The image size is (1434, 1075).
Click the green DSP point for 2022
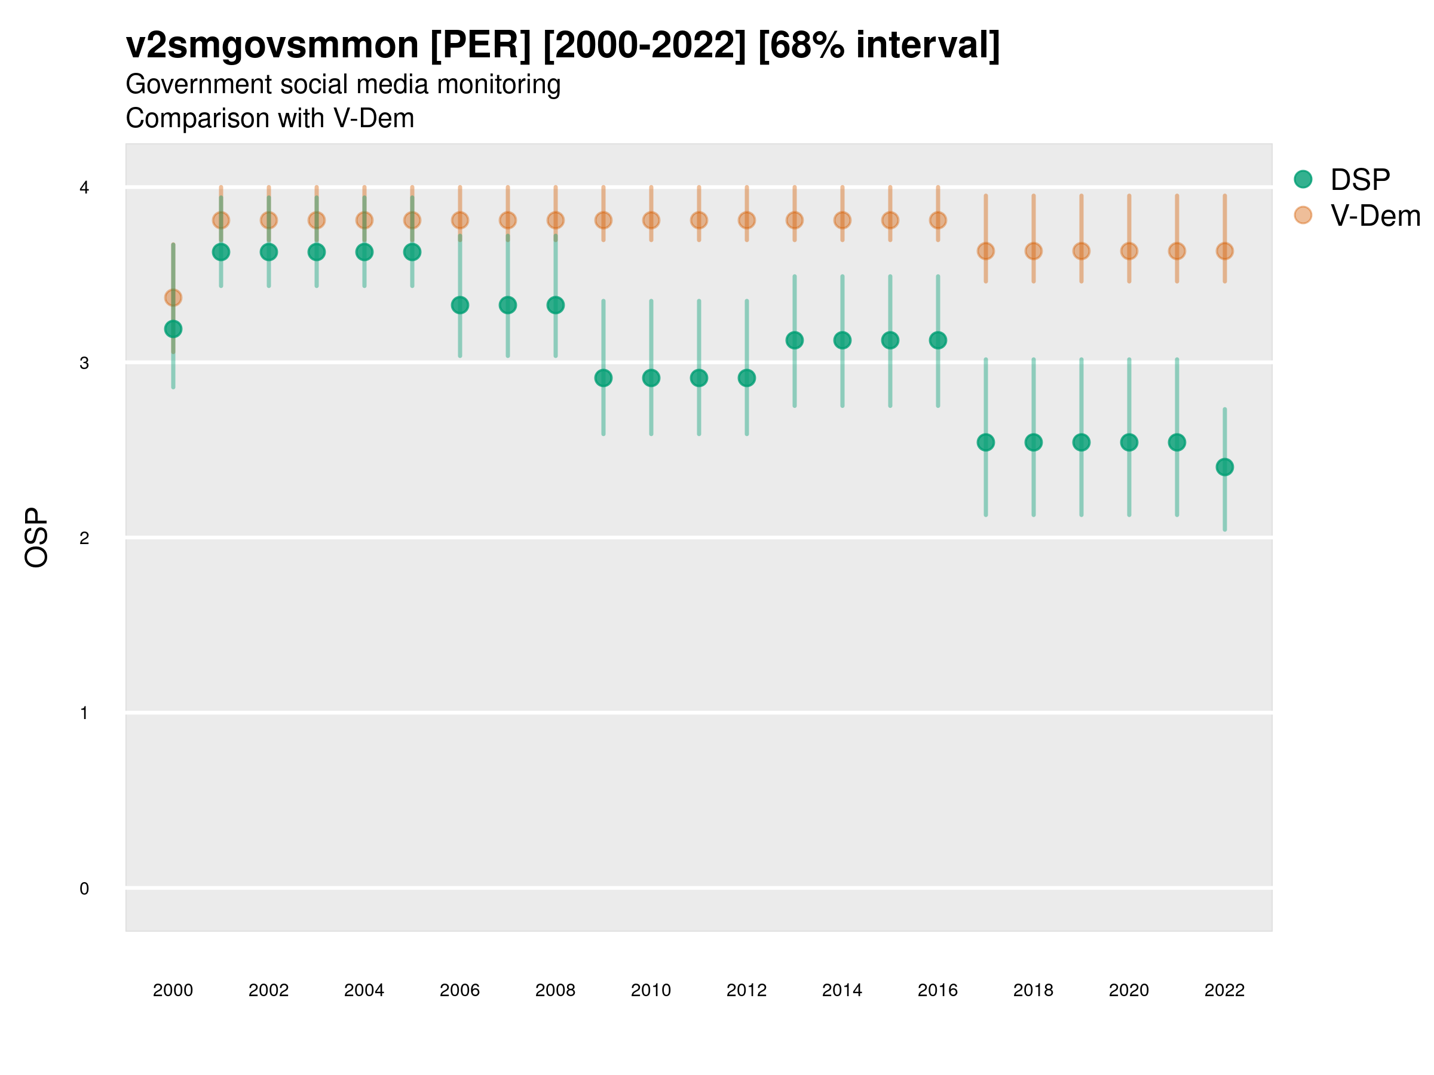tap(1225, 467)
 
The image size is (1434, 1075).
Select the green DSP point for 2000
tap(173, 329)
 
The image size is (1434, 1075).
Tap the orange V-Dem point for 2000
tap(173, 297)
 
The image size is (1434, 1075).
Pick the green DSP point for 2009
tap(603, 378)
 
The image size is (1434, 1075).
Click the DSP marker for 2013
tap(795, 340)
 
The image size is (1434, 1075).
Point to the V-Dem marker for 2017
tap(986, 251)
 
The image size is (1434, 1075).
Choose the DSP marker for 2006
tap(460, 305)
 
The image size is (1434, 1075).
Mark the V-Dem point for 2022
tap(1225, 251)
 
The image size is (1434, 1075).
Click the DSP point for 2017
tap(986, 443)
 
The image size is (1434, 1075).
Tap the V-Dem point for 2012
tap(747, 220)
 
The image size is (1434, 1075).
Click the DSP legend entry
tap(1359, 180)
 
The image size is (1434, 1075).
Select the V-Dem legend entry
tap(1374, 216)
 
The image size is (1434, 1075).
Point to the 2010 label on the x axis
tap(651, 990)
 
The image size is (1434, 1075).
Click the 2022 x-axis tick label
tap(1225, 990)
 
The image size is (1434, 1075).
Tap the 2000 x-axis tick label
tap(173, 990)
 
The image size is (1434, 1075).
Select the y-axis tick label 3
tap(84, 363)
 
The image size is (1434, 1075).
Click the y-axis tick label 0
tap(84, 889)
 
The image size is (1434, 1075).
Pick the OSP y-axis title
tap(36, 538)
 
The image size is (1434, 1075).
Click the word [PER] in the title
tap(480, 45)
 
